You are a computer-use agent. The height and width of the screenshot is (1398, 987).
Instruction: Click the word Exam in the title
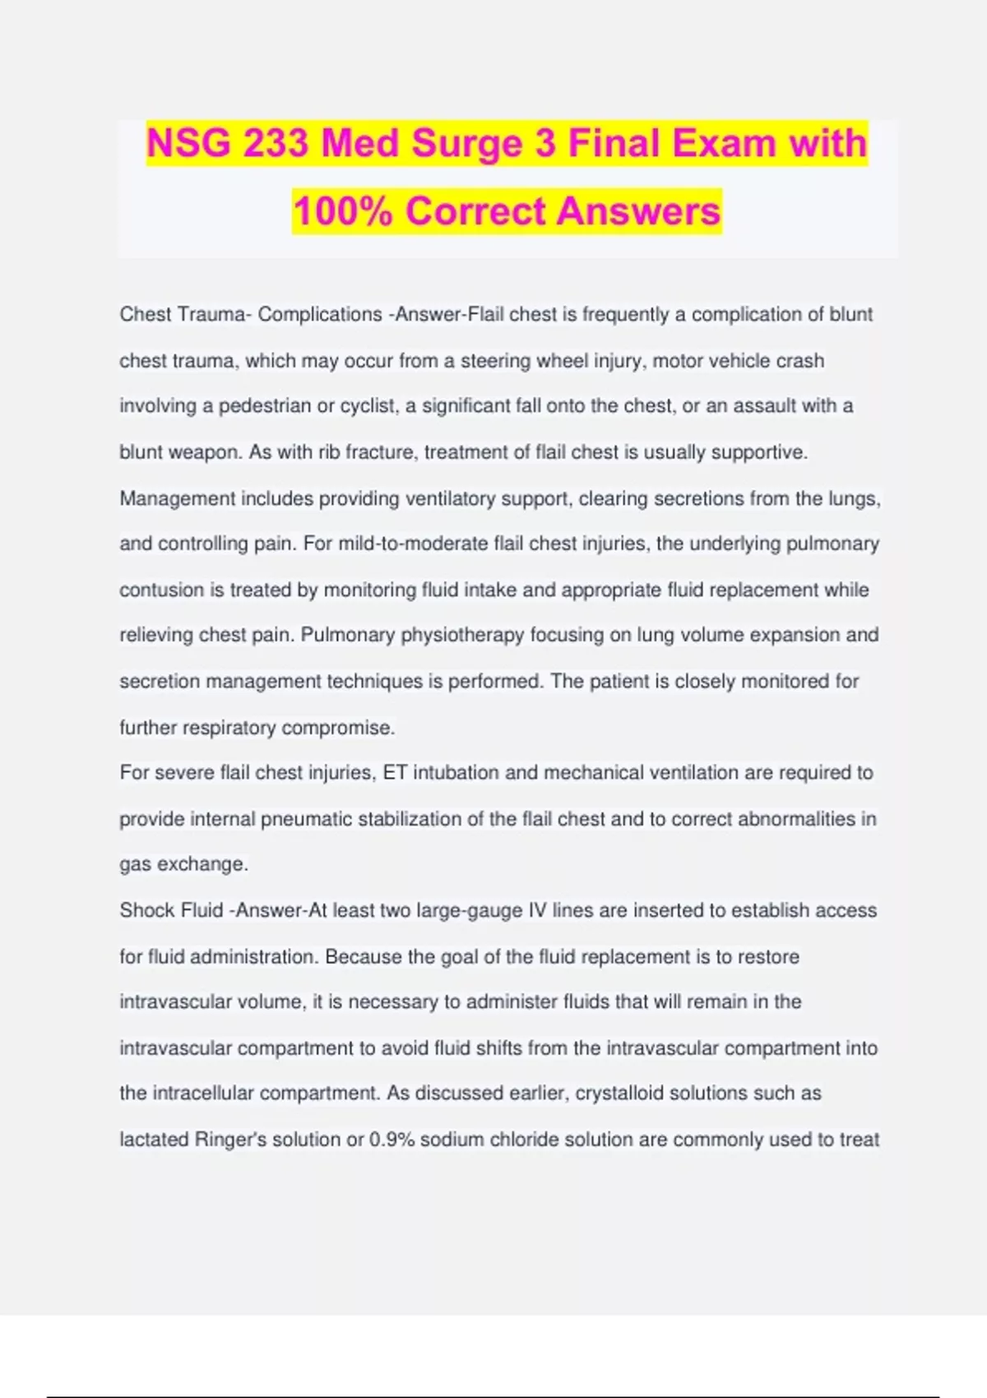724,143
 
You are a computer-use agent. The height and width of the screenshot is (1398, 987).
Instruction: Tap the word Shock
145,910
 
